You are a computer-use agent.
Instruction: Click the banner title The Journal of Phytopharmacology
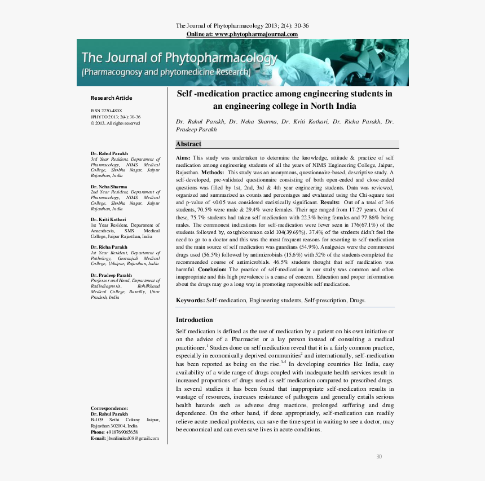pyautogui.click(x=179, y=58)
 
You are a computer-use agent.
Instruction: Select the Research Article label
pyautogui.click(x=111, y=98)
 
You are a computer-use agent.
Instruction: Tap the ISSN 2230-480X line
pyautogui.click(x=106, y=111)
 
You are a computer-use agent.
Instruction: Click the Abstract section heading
pyautogui.click(x=188, y=144)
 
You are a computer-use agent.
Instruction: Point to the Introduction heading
pyautogui.click(x=194, y=320)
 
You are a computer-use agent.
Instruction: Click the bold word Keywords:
pyautogui.click(x=190, y=301)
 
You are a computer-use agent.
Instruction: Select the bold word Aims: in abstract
pyautogui.click(x=183, y=157)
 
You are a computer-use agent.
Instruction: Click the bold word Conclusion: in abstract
pyautogui.click(x=212, y=270)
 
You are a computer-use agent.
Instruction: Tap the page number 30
pyautogui.click(x=379, y=456)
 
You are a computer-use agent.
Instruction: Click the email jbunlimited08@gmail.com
pyautogui.click(x=133, y=438)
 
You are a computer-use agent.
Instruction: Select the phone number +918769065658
pyautogui.click(x=122, y=432)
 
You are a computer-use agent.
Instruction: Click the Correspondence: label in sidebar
pyautogui.click(x=109, y=408)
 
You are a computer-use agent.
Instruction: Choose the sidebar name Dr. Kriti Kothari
pyautogui.click(x=108, y=219)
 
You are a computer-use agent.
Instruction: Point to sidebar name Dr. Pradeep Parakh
pyautogui.click(x=112, y=275)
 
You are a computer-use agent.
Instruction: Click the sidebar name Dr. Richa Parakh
pyautogui.click(x=109, y=247)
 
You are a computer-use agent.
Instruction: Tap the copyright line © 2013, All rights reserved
pyautogui.click(x=115, y=123)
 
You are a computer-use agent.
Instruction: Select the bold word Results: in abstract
pyautogui.click(x=330, y=202)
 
